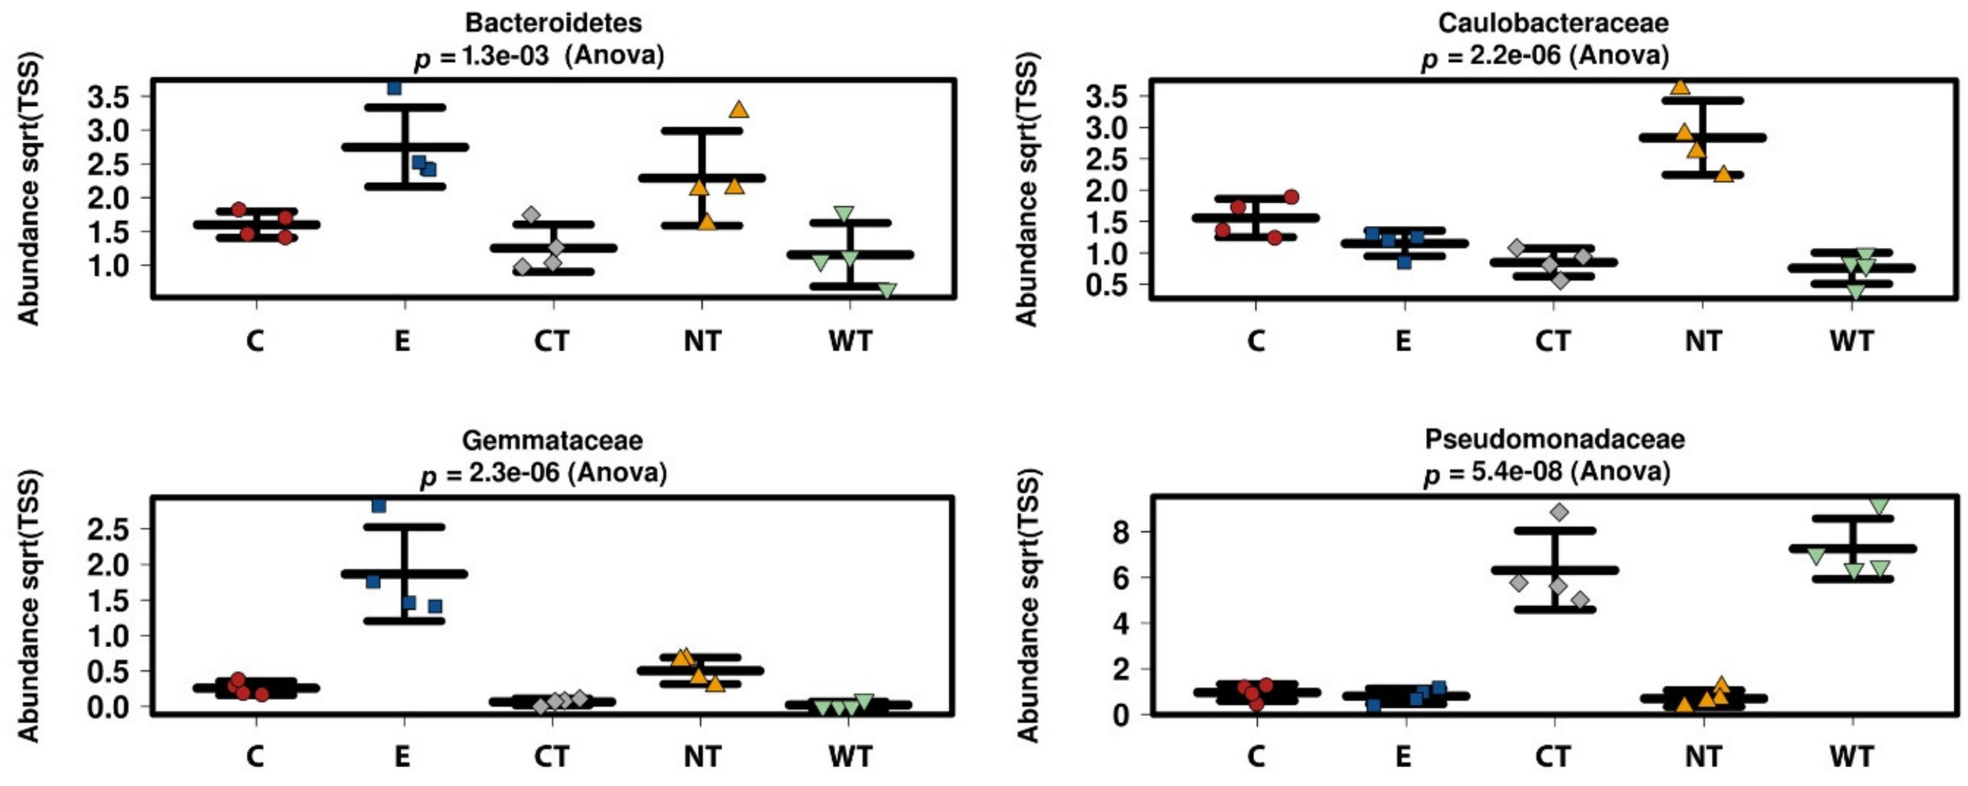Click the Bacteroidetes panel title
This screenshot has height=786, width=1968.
pyautogui.click(x=553, y=23)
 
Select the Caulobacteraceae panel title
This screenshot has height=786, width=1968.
pyautogui.click(x=1553, y=23)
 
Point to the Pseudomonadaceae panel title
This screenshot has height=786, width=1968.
pyautogui.click(x=1555, y=439)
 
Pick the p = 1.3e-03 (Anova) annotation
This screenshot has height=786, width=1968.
pyautogui.click(x=539, y=56)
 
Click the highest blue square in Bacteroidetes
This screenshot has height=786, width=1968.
pyautogui.click(x=394, y=88)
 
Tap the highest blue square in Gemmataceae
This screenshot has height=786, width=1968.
pyautogui.click(x=379, y=506)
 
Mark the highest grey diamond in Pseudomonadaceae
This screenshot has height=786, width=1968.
pyautogui.click(x=1559, y=512)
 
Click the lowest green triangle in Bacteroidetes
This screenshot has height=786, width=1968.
pyautogui.click(x=886, y=291)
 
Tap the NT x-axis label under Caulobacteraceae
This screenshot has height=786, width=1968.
pyautogui.click(x=1703, y=340)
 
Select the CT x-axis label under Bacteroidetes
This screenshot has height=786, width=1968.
pyautogui.click(x=551, y=340)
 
